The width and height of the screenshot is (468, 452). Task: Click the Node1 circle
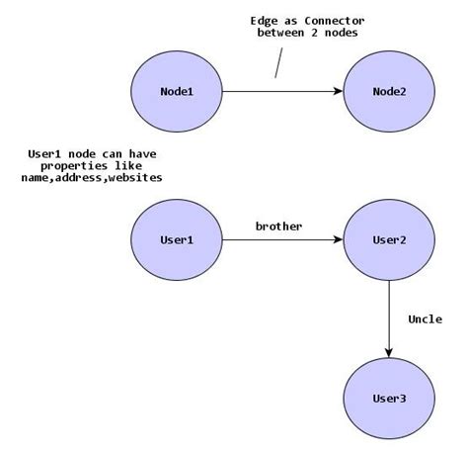pos(177,92)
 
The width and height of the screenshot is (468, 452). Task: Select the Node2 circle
pos(388,92)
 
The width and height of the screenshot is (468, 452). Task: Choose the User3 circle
pos(388,398)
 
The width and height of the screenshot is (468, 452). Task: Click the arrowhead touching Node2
pos(336,92)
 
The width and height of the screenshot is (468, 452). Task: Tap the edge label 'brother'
pos(278,226)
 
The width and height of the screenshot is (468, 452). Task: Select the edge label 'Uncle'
pos(425,318)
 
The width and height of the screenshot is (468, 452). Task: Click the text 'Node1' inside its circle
pos(177,92)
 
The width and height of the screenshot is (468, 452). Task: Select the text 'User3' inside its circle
pos(388,398)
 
